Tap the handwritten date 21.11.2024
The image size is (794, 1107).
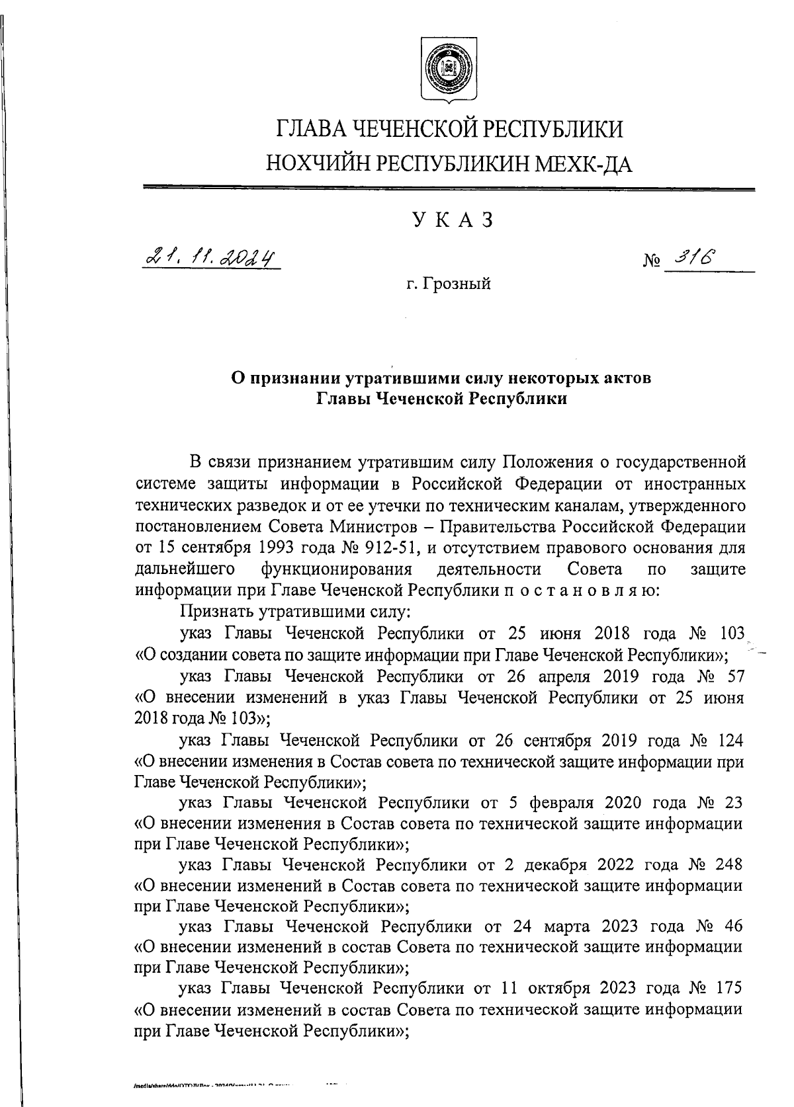coord(210,257)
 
